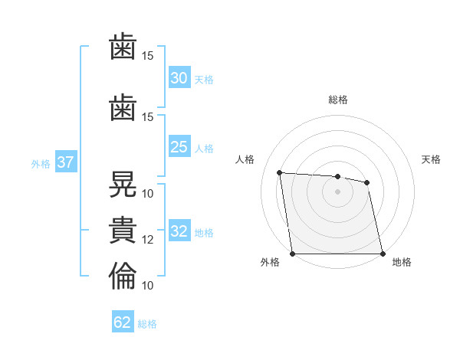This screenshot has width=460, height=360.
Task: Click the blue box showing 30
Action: coord(179,78)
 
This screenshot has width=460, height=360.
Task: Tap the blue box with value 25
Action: coord(179,147)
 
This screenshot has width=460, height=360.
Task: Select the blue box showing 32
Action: coord(179,231)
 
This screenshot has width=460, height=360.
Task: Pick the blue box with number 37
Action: coord(65,162)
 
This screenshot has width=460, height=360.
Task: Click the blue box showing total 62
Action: coord(123,322)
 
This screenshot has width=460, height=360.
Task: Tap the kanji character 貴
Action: coord(123,231)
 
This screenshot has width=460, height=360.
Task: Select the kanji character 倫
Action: coord(123,277)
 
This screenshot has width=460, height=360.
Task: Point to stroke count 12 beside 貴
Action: coord(148,240)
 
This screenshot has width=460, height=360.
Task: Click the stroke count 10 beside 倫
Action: coord(148,286)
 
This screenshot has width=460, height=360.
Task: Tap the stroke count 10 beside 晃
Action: coord(148,194)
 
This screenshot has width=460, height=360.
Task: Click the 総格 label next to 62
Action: coord(147,324)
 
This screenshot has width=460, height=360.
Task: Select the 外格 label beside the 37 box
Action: coord(41,163)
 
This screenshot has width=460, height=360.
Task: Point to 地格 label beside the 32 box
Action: coord(204,233)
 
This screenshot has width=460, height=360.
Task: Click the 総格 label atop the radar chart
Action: coord(337,100)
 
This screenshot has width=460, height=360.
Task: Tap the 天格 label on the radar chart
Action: coord(431,159)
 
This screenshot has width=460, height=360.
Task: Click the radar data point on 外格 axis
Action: coord(292,254)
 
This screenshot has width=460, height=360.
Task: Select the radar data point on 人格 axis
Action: coord(279,173)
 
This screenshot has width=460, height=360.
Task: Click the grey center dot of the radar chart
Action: coord(337,191)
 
